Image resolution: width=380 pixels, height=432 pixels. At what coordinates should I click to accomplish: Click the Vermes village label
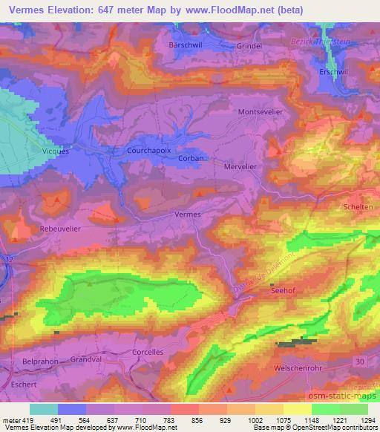(x=188, y=214)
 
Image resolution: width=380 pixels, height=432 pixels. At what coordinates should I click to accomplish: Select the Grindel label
(x=249, y=45)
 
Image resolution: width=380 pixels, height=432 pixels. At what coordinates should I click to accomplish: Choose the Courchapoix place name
(x=148, y=150)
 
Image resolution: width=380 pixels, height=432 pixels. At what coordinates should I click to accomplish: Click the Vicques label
(x=56, y=151)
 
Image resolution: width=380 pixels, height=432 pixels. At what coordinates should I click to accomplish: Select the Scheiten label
(x=359, y=207)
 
